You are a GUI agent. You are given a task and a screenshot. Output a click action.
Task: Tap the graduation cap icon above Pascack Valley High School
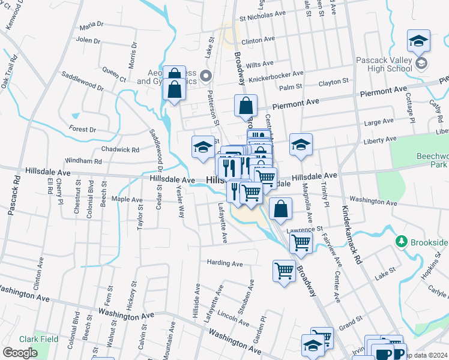(x=418, y=41)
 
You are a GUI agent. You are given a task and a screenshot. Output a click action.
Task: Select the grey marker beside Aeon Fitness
(x=206, y=76)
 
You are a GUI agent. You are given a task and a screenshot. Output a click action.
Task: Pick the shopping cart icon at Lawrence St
(x=301, y=242)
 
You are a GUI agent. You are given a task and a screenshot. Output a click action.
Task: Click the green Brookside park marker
(x=402, y=242)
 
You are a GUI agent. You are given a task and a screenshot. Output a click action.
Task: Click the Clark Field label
(x=38, y=339)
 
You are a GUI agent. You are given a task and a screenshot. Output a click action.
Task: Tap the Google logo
(x=20, y=352)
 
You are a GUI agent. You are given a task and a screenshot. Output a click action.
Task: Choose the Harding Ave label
(x=224, y=263)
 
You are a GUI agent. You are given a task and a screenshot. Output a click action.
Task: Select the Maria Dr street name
(x=91, y=26)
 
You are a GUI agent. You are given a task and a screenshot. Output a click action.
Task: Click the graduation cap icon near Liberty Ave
(x=301, y=145)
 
